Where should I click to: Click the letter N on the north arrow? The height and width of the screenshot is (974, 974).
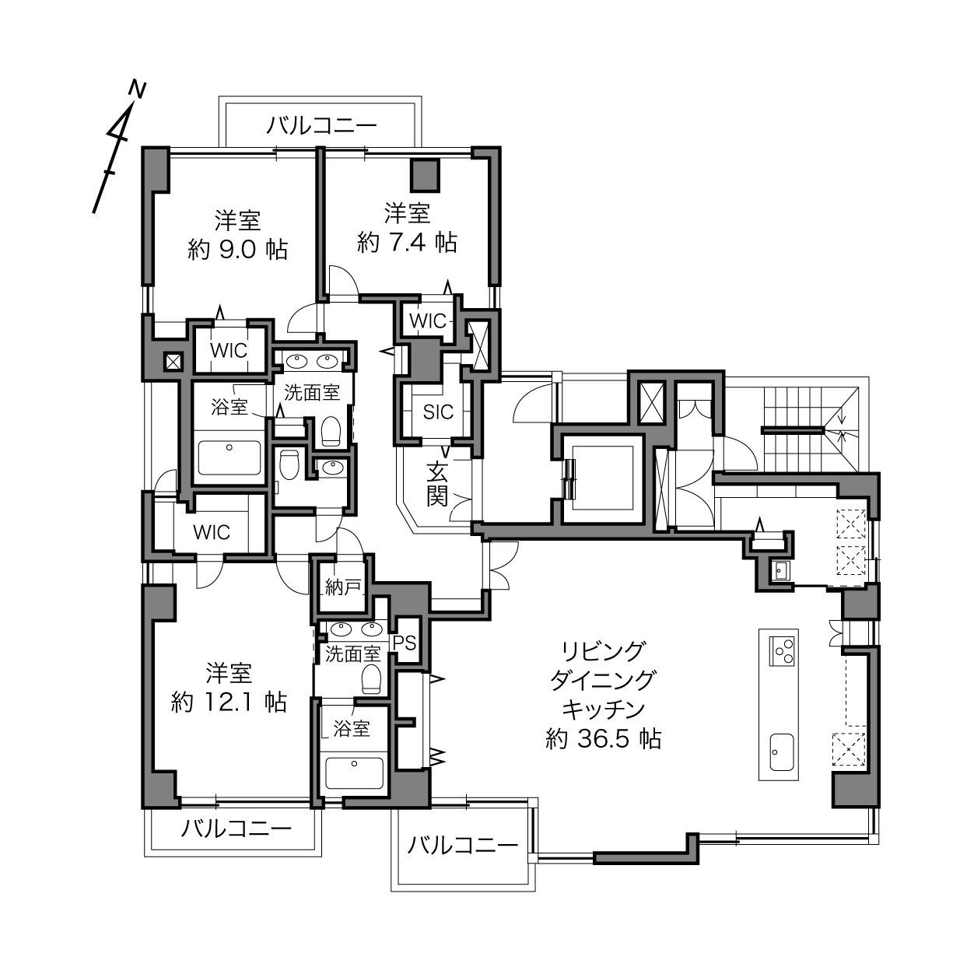pyautogui.click(x=137, y=89)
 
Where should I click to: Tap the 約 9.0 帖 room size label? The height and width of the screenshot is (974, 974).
pyautogui.click(x=237, y=250)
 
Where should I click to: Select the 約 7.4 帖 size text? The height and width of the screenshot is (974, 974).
pyautogui.click(x=408, y=243)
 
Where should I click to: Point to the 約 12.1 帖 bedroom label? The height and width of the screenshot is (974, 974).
pyautogui.click(x=229, y=702)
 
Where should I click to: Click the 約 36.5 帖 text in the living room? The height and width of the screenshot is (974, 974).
pyautogui.click(x=604, y=740)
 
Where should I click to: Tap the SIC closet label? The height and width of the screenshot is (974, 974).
pyautogui.click(x=438, y=412)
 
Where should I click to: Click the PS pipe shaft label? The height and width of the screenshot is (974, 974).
pyautogui.click(x=405, y=643)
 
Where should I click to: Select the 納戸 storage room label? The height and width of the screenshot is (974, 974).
pyautogui.click(x=343, y=587)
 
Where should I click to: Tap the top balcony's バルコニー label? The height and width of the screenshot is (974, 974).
pyautogui.click(x=322, y=125)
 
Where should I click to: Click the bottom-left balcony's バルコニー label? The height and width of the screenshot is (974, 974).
pyautogui.click(x=236, y=829)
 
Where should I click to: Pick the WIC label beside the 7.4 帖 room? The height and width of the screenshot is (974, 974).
pyautogui.click(x=428, y=321)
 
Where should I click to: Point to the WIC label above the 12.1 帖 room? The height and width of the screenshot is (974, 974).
pyautogui.click(x=212, y=531)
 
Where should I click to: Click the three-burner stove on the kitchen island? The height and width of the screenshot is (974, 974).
pyautogui.click(x=781, y=651)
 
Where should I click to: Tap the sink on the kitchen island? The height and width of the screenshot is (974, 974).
pyautogui.click(x=781, y=752)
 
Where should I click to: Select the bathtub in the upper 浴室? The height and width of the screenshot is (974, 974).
pyautogui.click(x=229, y=457)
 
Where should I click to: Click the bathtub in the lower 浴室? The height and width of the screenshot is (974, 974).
pyautogui.click(x=354, y=773)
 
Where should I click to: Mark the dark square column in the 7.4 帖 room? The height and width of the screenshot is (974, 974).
pyautogui.click(x=426, y=176)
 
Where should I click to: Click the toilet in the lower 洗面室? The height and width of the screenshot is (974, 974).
pyautogui.click(x=372, y=679)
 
